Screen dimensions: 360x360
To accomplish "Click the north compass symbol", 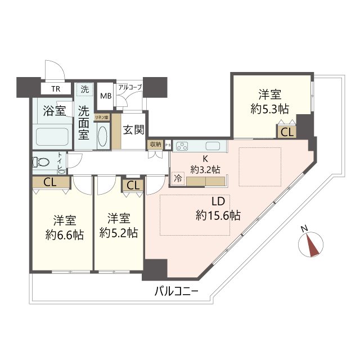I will pos(311,244).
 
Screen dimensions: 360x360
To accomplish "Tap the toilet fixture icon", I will pos(41,162).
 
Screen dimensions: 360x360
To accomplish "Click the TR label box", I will pos(56,89).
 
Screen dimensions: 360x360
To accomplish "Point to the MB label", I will pos(106,95).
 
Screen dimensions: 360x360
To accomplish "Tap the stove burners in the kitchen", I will pos(183,146).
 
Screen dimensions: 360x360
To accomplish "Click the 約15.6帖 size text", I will pos(218,214).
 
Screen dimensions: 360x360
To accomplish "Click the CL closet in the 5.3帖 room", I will pos(286,133).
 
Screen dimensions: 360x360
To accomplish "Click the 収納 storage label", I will pos(155,144).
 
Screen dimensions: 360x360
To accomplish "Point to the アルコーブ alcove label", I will pos(129,87).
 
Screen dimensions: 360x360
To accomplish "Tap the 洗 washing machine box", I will pos(84,89).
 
